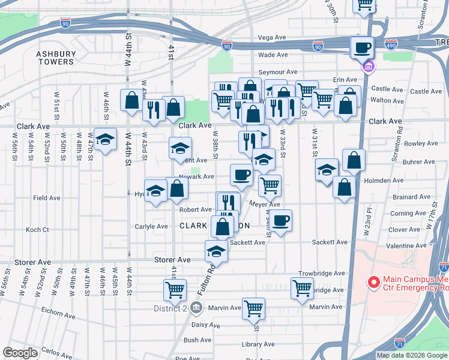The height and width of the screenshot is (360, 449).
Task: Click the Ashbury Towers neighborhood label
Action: click(x=56, y=58)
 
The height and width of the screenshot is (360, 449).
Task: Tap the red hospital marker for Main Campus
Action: click(x=373, y=281)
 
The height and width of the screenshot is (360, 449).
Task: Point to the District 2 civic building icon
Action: click(x=196, y=308)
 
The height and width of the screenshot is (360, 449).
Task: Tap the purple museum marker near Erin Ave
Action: click(x=366, y=67)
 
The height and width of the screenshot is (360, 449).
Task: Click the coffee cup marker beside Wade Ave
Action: click(x=362, y=47)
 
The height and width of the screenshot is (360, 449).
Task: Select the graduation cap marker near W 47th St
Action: click(x=106, y=140)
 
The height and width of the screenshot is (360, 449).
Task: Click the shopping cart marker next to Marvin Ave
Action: click(x=254, y=308)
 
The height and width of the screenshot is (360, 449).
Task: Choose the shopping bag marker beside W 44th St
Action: click(x=131, y=100)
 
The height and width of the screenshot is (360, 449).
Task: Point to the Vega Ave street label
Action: click(x=272, y=37)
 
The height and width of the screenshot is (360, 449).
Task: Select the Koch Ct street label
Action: click(x=37, y=230)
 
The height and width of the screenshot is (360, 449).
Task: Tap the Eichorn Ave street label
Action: click(x=59, y=314)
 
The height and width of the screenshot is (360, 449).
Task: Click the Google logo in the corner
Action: click(x=20, y=352)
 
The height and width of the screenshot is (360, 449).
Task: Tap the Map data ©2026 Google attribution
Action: click(x=412, y=355)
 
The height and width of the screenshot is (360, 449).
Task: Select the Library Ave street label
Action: click(x=258, y=344)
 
